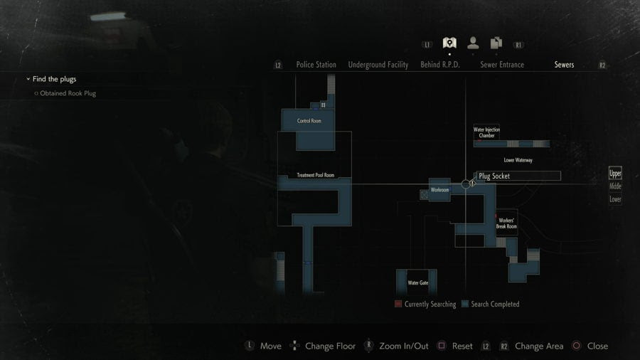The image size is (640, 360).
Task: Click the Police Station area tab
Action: (x=316, y=65)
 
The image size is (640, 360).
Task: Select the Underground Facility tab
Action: (x=378, y=65)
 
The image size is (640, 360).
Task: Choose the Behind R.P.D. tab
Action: (x=440, y=65)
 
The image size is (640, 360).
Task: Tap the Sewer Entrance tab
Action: (x=502, y=65)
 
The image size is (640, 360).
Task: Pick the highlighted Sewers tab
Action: (x=564, y=65)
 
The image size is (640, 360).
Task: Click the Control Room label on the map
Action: (x=309, y=121)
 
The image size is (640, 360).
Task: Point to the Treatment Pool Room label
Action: (x=315, y=175)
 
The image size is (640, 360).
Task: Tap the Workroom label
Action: (x=439, y=190)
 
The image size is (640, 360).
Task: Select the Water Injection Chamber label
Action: (x=486, y=132)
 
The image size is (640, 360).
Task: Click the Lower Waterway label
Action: (x=518, y=160)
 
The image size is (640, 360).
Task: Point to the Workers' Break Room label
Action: (x=506, y=223)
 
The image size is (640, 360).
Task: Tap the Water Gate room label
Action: (x=417, y=282)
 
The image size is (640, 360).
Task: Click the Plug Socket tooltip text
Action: (x=494, y=176)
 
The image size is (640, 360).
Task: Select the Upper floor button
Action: (x=615, y=173)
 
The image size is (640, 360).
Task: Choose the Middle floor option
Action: (x=615, y=186)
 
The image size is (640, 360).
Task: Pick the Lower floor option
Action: (x=615, y=199)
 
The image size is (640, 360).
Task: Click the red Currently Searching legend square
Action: (x=398, y=304)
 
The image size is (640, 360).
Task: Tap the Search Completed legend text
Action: (x=496, y=304)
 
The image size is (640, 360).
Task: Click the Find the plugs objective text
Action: (x=54, y=79)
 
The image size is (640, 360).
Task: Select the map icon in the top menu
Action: (x=449, y=43)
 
